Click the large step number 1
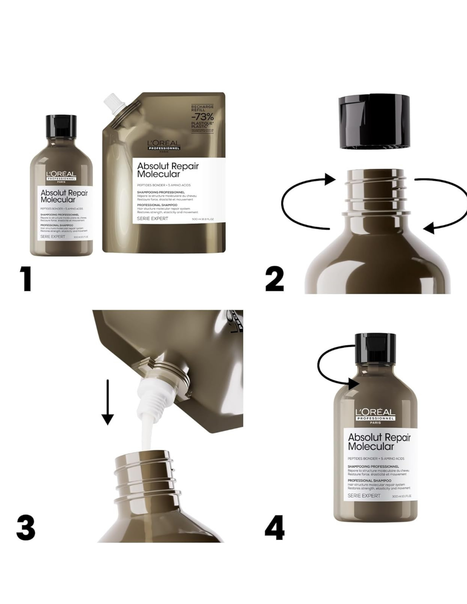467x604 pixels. (27, 279)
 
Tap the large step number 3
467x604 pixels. (26, 528)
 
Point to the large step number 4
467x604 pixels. (274, 528)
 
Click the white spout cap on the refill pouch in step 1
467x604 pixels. (115, 105)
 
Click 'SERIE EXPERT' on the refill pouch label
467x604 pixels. (152, 218)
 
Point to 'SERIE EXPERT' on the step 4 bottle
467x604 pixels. (364, 496)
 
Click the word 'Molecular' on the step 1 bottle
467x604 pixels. (58, 200)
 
